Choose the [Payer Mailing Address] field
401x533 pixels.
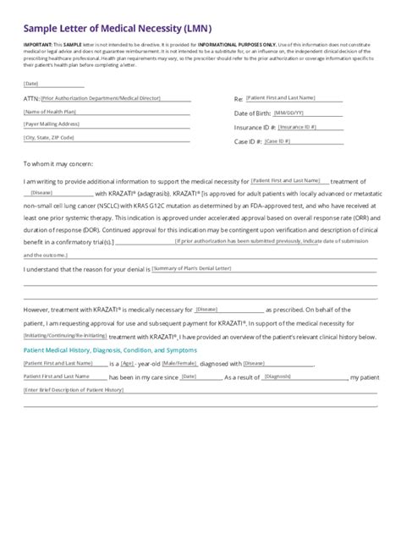point(52,124)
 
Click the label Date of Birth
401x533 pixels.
point(252,113)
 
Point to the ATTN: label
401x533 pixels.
point(32,100)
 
